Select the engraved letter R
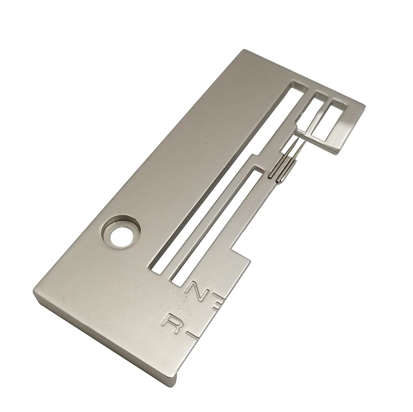click(x=171, y=324)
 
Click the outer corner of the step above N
click(x=249, y=260)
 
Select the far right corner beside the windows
click(x=364, y=105)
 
